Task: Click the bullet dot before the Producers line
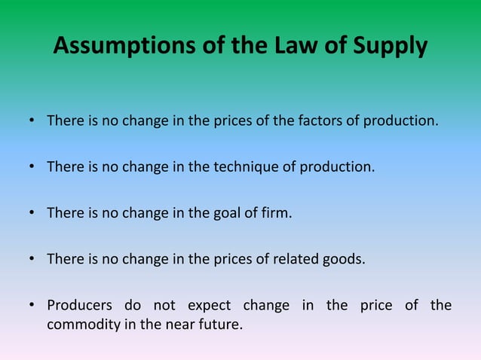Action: (32, 306)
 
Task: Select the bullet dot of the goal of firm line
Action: (32, 213)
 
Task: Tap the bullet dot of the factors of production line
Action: (32, 121)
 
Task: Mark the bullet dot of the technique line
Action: (32, 167)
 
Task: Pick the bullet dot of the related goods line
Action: (32, 260)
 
